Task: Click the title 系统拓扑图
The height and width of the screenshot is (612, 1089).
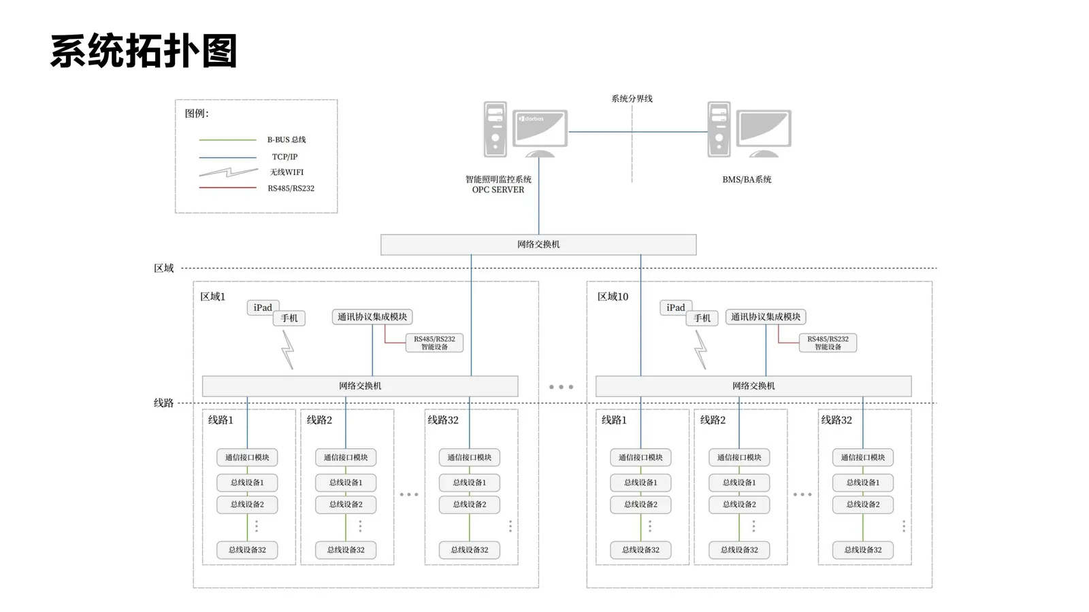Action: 144,51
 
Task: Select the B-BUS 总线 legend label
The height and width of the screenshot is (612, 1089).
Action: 287,140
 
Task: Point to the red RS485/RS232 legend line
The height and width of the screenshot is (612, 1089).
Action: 227,188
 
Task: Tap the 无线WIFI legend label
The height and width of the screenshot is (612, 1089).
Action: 287,172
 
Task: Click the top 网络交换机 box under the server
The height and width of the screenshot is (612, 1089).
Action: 538,245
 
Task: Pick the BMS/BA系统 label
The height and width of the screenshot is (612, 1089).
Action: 747,180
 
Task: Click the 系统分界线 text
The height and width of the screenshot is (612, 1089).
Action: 632,99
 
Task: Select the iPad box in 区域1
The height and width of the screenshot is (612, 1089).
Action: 263,307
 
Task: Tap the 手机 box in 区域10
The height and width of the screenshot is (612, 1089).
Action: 702,318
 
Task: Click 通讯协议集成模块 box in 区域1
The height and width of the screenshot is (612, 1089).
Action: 372,317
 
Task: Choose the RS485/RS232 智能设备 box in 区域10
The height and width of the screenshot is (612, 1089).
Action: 828,343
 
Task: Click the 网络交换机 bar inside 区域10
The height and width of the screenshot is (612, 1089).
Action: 753,386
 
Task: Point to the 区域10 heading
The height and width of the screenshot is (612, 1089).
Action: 613,296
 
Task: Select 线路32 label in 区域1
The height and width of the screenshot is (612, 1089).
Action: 443,420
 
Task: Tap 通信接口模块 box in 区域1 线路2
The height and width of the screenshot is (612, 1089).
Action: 346,457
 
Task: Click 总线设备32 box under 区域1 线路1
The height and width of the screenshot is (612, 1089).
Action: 247,550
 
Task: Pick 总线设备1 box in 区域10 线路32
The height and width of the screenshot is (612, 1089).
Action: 863,482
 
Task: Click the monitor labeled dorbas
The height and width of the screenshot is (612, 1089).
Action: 540,129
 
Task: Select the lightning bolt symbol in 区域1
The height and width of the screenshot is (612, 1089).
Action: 288,350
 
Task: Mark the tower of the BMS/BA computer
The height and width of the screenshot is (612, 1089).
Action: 719,129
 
